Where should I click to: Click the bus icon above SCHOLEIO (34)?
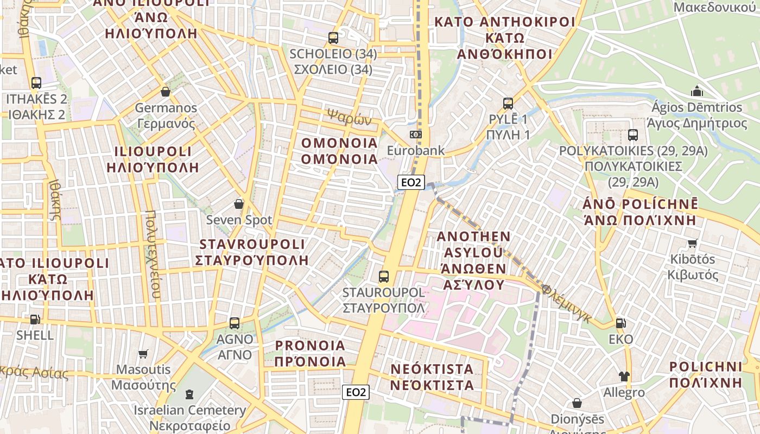(x=333, y=38)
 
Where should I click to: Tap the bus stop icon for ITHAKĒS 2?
(x=36, y=83)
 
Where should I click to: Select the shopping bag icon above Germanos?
(x=166, y=92)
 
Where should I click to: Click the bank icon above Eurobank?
(x=416, y=134)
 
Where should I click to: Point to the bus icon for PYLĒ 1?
(x=508, y=103)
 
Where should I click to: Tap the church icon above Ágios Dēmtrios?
(x=697, y=91)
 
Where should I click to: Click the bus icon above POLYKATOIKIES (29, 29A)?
(x=633, y=135)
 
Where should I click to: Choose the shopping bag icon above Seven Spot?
(x=238, y=204)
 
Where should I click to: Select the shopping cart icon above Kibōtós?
(x=692, y=243)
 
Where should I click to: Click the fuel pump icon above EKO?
(x=620, y=323)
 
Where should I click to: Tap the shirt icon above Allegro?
(x=624, y=376)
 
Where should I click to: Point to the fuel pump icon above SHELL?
(x=35, y=319)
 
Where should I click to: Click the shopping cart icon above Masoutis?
(x=143, y=354)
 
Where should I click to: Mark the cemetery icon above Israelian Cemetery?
(x=189, y=393)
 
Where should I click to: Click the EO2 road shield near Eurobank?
(x=411, y=182)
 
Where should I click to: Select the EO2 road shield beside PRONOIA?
(x=356, y=392)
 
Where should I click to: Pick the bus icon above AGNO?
(x=235, y=323)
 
